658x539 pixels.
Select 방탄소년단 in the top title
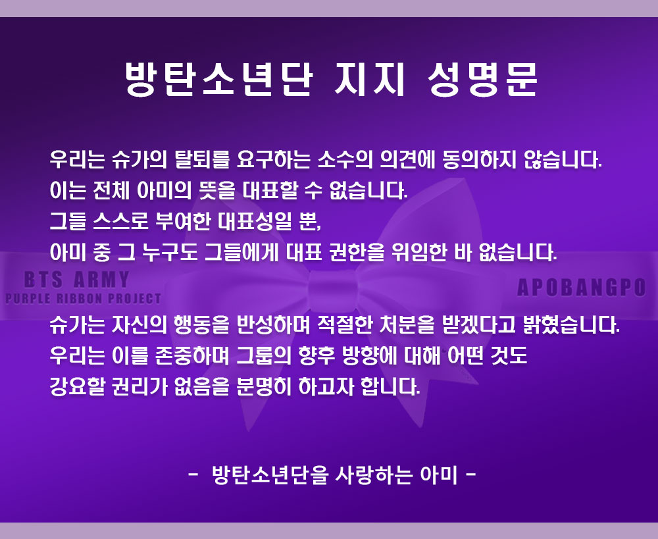tap(217, 80)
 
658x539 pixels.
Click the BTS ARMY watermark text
tap(77, 280)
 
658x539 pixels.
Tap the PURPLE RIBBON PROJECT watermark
tap(83, 299)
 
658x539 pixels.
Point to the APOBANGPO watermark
tap(581, 288)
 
